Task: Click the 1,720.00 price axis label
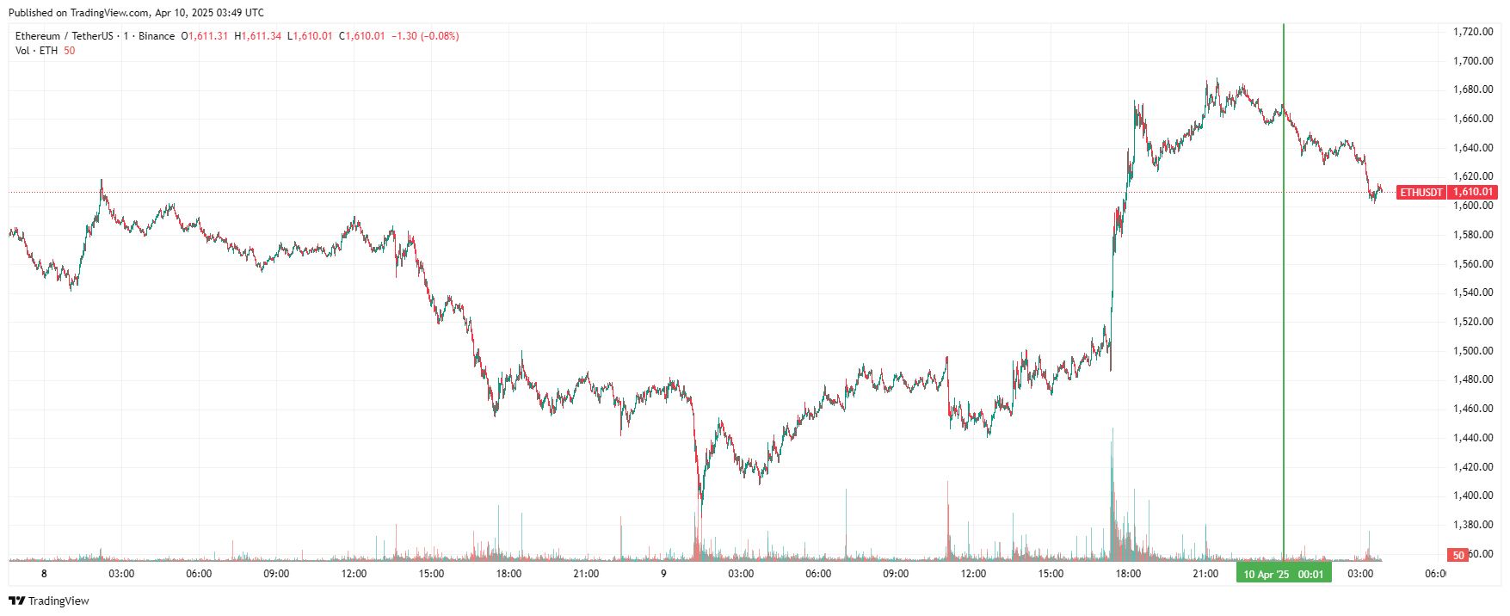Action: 1472,32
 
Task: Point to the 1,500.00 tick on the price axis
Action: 1472,351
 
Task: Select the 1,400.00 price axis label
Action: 1472,496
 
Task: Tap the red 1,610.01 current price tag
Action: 1473,192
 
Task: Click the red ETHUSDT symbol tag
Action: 1421,192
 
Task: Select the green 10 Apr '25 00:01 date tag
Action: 1284,574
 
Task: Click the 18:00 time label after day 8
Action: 508,574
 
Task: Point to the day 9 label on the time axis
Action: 663,574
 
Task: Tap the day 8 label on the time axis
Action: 44,574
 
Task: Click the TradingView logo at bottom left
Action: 49,601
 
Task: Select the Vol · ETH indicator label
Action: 37,51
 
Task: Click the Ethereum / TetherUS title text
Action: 64,36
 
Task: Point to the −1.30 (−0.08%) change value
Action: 425,36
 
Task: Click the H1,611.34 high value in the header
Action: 258,36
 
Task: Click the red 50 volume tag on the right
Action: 1458,555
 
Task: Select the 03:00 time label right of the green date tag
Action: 1360,574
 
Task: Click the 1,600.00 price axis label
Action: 1472,206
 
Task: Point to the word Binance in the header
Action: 157,36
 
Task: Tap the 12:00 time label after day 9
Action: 973,574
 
